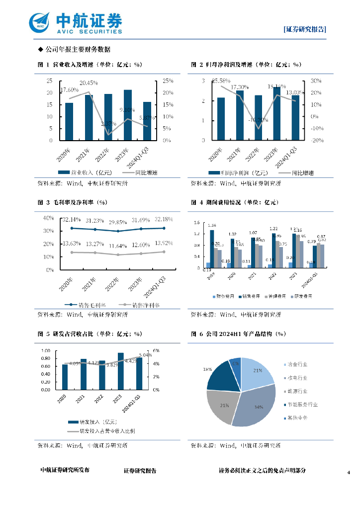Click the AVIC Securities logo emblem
pyautogui.click(x=39, y=22)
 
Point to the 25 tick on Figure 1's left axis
pyautogui.click(x=49, y=81)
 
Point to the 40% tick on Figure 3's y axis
pyautogui.click(x=49, y=218)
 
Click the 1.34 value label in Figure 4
pyautogui.click(x=212, y=225)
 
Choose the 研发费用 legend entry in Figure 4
pyautogui.click(x=303, y=296)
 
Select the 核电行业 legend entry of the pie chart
pyautogui.click(x=297, y=378)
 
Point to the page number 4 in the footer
pyautogui.click(x=349, y=471)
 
